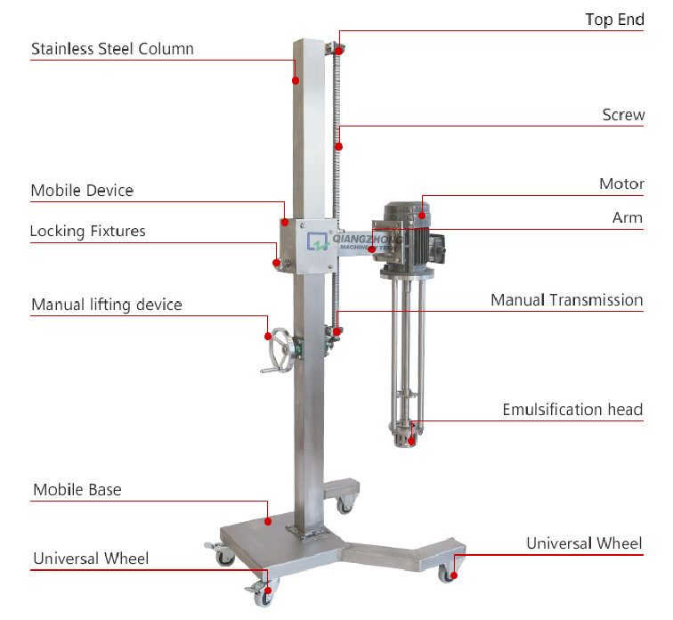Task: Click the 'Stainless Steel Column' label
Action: [x=112, y=49]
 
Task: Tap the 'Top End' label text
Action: [x=614, y=20]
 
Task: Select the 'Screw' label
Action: [x=623, y=115]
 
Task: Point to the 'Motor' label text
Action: [x=621, y=184]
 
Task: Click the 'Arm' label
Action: [x=627, y=217]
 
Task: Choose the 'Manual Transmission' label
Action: [x=566, y=300]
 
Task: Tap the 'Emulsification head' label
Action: [x=572, y=410]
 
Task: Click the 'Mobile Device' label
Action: [x=82, y=191]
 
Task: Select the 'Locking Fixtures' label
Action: [x=88, y=232]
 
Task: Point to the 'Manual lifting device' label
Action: [x=107, y=305]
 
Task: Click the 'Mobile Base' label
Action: [x=77, y=490]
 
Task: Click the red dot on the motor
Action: [x=422, y=216]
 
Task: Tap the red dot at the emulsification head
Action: [x=411, y=441]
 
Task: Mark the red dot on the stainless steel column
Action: [x=296, y=80]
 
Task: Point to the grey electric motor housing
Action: [x=408, y=234]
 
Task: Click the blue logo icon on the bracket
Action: [x=318, y=241]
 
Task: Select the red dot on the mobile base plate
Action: [x=268, y=522]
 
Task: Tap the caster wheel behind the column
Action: [x=345, y=505]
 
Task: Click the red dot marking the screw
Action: [x=338, y=147]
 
